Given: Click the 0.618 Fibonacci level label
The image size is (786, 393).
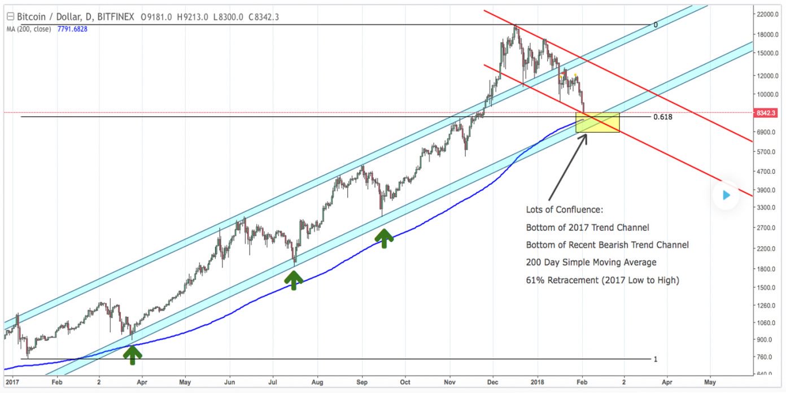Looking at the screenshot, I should point(662,117).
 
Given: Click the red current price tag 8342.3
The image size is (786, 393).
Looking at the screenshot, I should point(768,113).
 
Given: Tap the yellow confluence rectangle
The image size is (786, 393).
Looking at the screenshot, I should point(597,123).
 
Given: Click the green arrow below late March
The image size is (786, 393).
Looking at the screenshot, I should point(133,354).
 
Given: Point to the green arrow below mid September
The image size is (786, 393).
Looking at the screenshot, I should point(384,238).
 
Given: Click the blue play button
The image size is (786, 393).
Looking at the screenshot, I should point(726,195).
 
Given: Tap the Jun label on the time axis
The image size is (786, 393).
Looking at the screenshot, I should point(229,382).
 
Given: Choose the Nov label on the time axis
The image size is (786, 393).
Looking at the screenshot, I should point(449,382).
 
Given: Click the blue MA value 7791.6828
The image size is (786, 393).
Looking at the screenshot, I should point(72,29).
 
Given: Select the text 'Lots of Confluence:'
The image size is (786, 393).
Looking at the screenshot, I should point(564,209).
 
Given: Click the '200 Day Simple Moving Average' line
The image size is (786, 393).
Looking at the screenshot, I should point(591,262).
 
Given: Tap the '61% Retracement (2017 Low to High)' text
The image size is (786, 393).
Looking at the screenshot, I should point(602,280).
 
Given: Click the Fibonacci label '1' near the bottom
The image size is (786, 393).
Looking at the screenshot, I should point(655,359).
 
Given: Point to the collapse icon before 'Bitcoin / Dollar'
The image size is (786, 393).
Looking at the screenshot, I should point(10,17).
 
